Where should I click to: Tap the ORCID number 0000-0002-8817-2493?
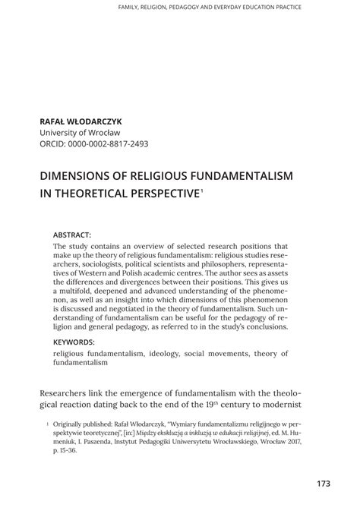click(x=108, y=143)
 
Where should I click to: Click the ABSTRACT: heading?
click(x=72, y=236)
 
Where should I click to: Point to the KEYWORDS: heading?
click(x=74, y=342)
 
